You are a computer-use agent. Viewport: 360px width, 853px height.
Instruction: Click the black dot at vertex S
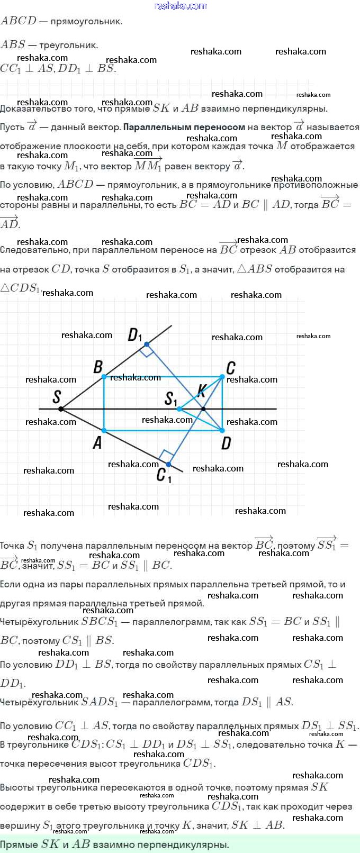(x=61, y=409)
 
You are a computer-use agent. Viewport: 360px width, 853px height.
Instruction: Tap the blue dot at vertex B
(x=104, y=377)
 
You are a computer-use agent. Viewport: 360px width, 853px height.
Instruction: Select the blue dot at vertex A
(x=104, y=431)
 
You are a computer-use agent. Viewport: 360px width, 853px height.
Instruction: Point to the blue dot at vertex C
(x=222, y=377)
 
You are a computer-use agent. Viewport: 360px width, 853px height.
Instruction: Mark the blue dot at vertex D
(x=222, y=431)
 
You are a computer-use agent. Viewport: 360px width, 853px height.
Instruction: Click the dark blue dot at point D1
(x=147, y=344)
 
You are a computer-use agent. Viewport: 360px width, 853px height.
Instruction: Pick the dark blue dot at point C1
(x=168, y=465)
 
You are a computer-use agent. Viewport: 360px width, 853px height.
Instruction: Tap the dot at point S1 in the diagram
(x=180, y=409)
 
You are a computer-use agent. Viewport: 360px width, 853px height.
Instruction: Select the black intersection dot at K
(x=203, y=409)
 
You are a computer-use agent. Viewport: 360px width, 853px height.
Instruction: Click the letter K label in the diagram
(x=201, y=392)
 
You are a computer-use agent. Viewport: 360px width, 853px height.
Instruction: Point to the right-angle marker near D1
(x=147, y=351)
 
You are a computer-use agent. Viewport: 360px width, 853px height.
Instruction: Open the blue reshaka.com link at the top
(x=180, y=6)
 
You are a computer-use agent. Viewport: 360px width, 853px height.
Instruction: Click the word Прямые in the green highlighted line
(x=19, y=845)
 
